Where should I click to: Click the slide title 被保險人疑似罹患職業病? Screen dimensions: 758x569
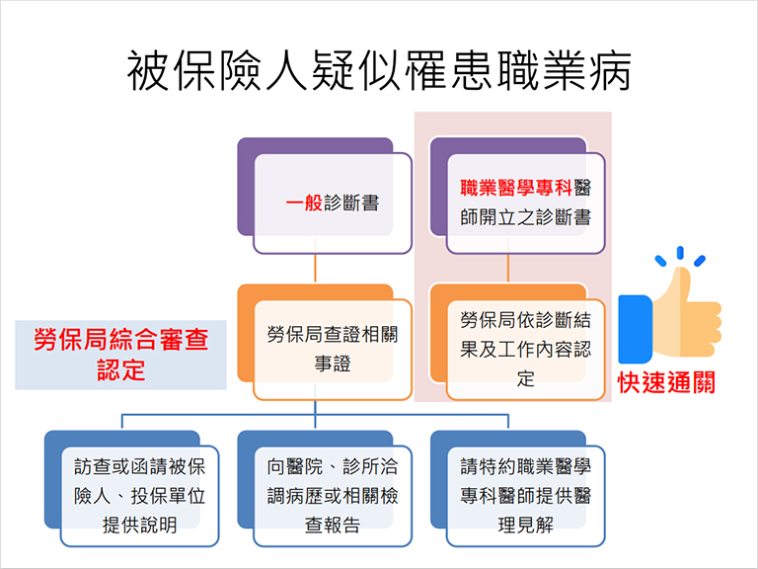click(379, 71)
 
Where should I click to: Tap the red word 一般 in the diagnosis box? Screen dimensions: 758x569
click(304, 203)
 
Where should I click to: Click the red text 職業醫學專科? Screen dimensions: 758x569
click(516, 188)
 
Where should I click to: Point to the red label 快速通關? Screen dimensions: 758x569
click(666, 382)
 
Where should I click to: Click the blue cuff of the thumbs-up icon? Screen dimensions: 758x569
click(636, 330)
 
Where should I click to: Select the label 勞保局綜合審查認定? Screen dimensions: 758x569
click(120, 355)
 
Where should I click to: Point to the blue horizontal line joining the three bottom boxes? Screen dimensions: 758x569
click(315, 415)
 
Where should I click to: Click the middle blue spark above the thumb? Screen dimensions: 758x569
click(680, 253)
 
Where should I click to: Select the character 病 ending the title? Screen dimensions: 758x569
click(611, 71)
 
